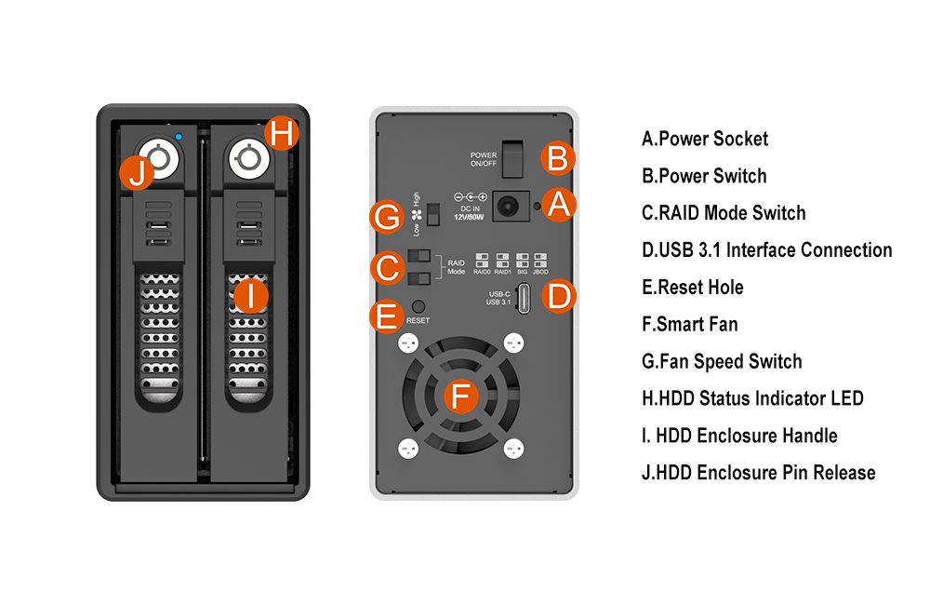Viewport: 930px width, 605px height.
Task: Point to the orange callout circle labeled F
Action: (458, 397)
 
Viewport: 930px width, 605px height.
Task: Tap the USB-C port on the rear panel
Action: (525, 298)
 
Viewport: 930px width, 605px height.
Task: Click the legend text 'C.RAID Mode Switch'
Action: (724, 213)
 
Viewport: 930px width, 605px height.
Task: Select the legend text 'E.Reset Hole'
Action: (693, 288)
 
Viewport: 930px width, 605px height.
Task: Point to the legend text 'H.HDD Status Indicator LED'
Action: (752, 398)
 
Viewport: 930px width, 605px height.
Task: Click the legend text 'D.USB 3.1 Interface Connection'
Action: (766, 250)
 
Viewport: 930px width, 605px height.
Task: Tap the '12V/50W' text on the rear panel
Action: (472, 216)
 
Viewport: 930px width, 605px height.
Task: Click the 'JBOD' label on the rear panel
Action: (541, 271)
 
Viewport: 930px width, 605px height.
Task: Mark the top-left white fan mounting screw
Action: (405, 343)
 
